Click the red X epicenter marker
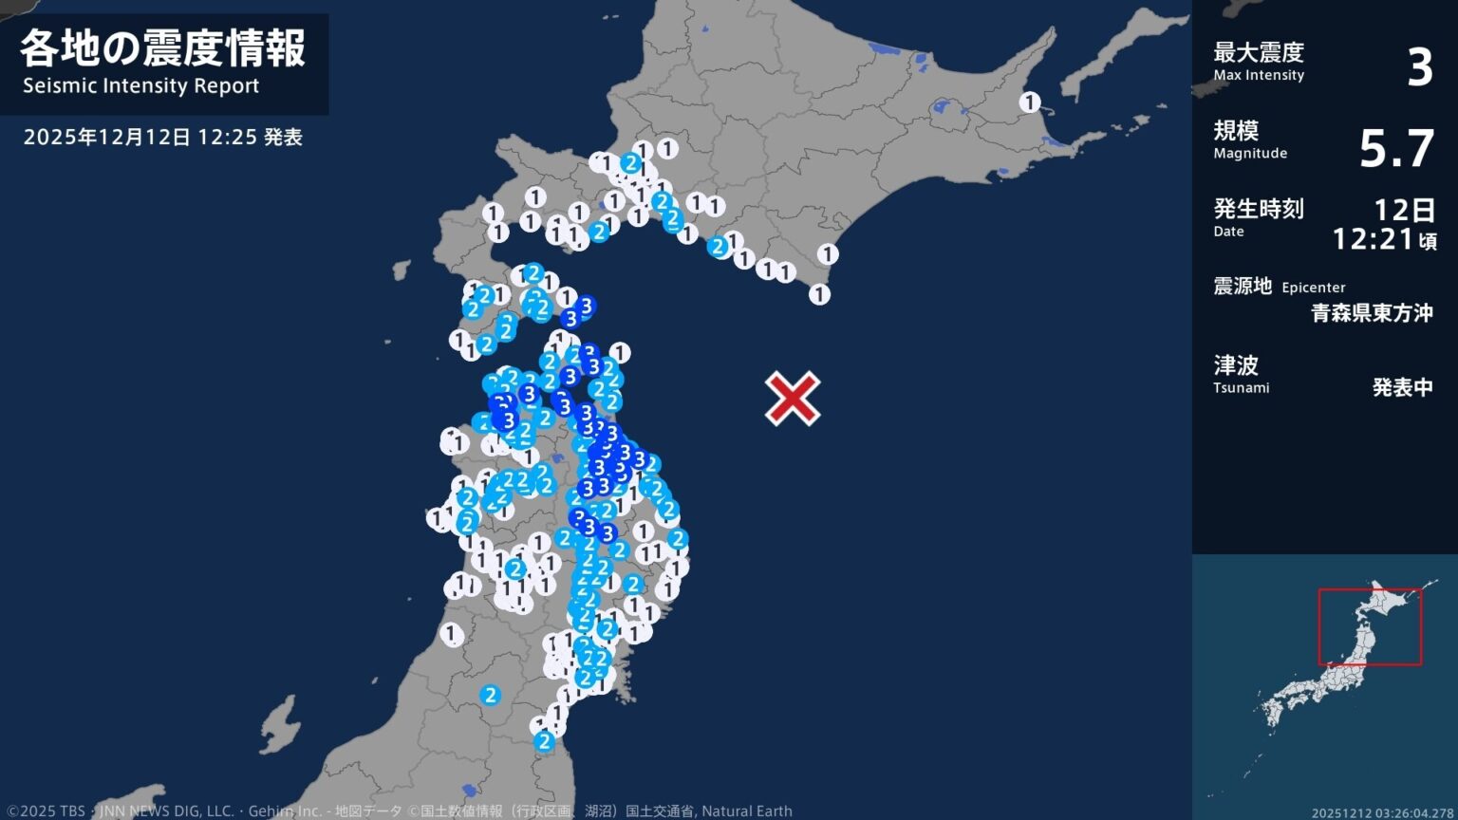click(x=793, y=399)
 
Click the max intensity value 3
click(x=1419, y=68)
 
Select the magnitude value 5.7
click(x=1395, y=149)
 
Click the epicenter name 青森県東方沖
click(x=1372, y=313)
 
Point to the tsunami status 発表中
click(x=1402, y=387)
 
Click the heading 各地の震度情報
click(x=163, y=48)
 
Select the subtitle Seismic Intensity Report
click(x=141, y=86)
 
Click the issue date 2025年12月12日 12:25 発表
click(x=162, y=138)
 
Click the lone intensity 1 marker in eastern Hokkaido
click(x=1030, y=102)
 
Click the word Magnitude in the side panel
click(x=1250, y=154)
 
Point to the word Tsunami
click(x=1241, y=388)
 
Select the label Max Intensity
click(x=1259, y=76)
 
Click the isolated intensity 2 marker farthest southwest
click(x=490, y=695)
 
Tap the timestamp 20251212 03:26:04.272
click(x=1383, y=812)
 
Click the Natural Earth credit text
click(x=747, y=811)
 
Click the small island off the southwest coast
click(x=279, y=723)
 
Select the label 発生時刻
click(x=1259, y=208)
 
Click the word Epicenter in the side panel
click(x=1314, y=288)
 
